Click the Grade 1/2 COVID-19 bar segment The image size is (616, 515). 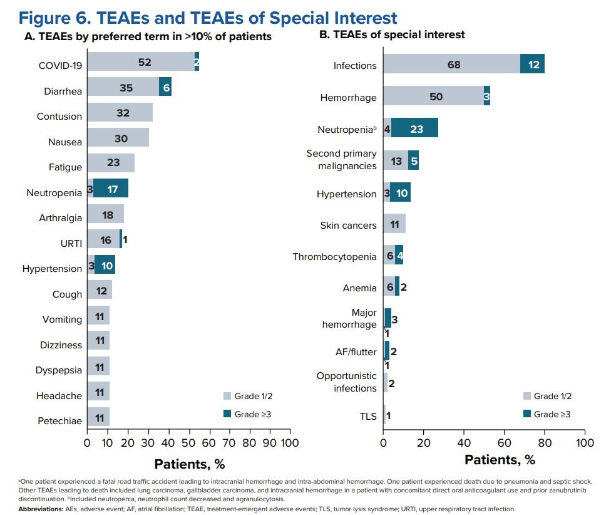[140, 62]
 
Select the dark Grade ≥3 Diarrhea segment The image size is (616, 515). [165, 86]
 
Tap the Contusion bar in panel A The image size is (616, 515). [120, 112]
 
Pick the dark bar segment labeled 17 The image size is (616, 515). [111, 189]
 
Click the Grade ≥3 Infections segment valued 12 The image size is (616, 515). [532, 65]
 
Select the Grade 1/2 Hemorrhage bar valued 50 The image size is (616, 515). [433, 95]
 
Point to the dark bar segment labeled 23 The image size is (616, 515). [414, 128]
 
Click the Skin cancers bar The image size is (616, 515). [394, 224]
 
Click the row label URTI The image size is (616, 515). [71, 243]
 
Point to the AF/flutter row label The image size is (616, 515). [355, 351]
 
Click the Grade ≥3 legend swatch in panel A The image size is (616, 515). [228, 414]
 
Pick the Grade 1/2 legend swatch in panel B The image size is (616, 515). [527, 396]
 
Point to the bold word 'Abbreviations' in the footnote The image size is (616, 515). [39, 509]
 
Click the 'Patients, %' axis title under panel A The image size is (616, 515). [189, 464]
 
